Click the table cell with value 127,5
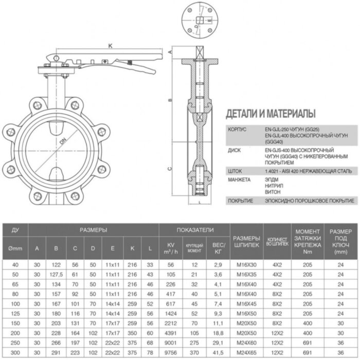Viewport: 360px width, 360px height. pos(56,274)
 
